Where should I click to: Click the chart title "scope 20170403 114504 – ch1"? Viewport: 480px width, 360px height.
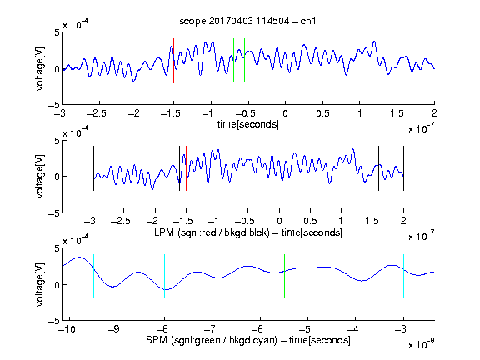pyautogui.click(x=247, y=21)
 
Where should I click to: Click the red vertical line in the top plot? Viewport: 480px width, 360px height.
pyautogui.click(x=174, y=61)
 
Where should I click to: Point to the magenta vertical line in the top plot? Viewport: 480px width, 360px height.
pyautogui.click(x=397, y=61)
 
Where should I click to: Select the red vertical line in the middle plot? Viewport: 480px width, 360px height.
pyautogui.click(x=186, y=168)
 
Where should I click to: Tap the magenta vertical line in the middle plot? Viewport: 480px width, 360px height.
pyautogui.click(x=372, y=168)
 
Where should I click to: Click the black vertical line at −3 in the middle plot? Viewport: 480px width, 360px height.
pyautogui.click(x=93, y=168)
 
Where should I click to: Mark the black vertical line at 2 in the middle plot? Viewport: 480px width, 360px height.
pyautogui.click(x=404, y=168)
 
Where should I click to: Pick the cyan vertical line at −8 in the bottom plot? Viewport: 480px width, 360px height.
pyautogui.click(x=165, y=276)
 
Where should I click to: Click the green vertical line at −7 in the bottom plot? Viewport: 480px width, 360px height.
pyautogui.click(x=212, y=276)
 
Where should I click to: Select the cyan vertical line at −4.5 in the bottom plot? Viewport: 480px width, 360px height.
pyautogui.click(x=332, y=276)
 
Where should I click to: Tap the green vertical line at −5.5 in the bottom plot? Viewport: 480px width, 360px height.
pyautogui.click(x=285, y=276)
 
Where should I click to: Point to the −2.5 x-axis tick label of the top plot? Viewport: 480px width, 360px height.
pyautogui.click(x=97, y=113)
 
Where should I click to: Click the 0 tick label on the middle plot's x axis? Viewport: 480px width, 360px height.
pyautogui.click(x=279, y=221)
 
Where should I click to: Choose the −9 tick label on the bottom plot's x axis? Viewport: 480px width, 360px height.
pyautogui.click(x=114, y=329)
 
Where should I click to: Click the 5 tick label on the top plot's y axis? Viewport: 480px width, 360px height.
pyautogui.click(x=57, y=32)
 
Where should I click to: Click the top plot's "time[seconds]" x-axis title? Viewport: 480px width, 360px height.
pyautogui.click(x=248, y=124)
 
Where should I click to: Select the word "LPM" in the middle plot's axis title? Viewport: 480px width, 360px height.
pyautogui.click(x=164, y=232)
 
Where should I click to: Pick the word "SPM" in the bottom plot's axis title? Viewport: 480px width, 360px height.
pyautogui.click(x=157, y=340)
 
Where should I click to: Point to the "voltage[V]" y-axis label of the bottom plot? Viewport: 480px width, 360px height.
pyautogui.click(x=40, y=285)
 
